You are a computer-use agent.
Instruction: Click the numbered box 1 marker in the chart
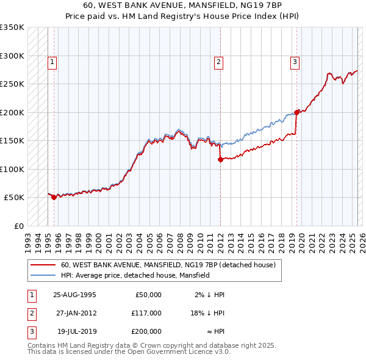52,61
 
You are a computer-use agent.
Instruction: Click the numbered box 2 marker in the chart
218,61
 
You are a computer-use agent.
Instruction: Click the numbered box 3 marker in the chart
295,61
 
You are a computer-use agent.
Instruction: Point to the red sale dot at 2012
220,159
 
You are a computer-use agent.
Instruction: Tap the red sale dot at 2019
296,112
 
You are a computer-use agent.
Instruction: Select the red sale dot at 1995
54,197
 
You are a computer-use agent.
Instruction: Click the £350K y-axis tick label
12,27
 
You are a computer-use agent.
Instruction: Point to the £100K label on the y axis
12,169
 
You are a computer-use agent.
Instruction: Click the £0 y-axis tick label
18,226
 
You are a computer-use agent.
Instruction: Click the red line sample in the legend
43,265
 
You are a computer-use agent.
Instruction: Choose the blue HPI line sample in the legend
43,276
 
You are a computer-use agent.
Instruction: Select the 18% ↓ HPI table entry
207,314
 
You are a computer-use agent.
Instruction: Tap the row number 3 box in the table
30,331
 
